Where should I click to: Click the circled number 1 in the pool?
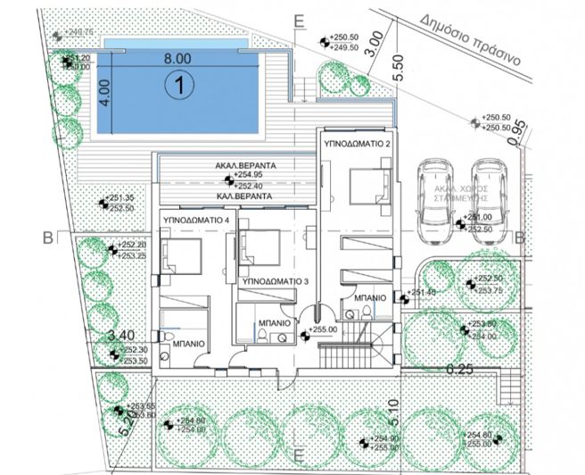tap(179, 87)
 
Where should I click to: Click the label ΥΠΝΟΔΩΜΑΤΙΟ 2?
tap(357, 143)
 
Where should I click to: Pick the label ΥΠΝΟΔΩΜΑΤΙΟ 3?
tap(276, 281)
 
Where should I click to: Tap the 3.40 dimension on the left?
tap(119, 336)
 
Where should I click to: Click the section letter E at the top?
tap(299, 18)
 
